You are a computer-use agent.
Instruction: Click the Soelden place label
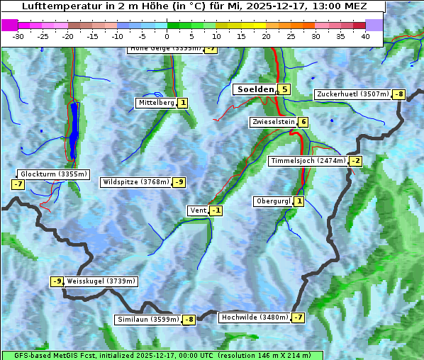pos(255,89)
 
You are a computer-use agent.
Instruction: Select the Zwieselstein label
pos(273,122)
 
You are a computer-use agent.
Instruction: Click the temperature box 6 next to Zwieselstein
pos(303,122)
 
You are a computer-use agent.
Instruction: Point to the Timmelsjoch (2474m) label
pos(308,161)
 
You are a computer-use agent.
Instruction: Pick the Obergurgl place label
pos(272,201)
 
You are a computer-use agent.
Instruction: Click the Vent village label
pos(198,210)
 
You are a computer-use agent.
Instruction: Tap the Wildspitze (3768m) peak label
pos(136,182)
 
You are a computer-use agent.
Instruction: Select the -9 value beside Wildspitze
pos(179,182)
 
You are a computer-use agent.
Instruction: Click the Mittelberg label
pos(156,103)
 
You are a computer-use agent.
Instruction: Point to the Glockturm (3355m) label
pos(54,174)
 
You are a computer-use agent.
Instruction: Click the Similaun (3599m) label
pos(148,320)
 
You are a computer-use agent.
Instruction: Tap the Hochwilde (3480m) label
pos(255,317)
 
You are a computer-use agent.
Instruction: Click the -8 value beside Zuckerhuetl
pos(399,94)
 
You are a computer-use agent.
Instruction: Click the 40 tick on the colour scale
pos(365,36)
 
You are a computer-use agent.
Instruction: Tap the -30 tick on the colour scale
pos(18,36)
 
